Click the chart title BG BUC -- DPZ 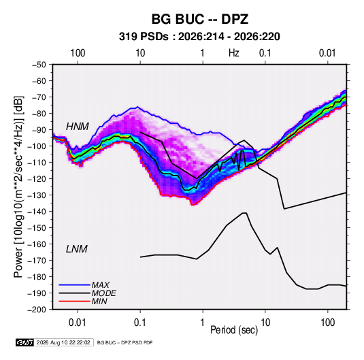coord(200,19)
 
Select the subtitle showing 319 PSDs coord(199,37)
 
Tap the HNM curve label coord(78,127)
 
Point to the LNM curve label coord(77,249)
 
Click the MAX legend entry coord(101,284)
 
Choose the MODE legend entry coord(104,293)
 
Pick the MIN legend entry coord(99,301)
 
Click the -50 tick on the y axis coord(39,65)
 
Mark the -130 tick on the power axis coord(37,195)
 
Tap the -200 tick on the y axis coord(37,310)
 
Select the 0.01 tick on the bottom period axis coord(78,323)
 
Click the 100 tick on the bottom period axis coord(327,323)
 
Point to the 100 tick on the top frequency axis coord(78,53)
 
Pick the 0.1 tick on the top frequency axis coord(265,53)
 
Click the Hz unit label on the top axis coord(234,53)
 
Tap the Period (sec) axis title coord(234,330)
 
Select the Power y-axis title coord(18,187)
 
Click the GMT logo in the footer coord(25,342)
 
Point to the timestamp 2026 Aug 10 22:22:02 coord(63,342)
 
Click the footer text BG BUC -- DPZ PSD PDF coord(125,342)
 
